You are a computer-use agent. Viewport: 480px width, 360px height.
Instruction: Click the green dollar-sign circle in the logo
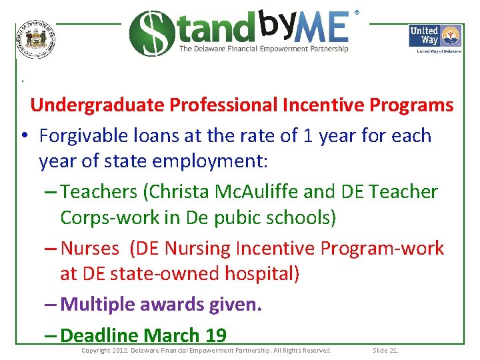pos(151,33)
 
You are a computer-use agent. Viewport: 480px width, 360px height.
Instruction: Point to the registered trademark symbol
pos(357,13)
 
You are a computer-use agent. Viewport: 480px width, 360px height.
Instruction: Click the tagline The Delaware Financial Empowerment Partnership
pos(263,49)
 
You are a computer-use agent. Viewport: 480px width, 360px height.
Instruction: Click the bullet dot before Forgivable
pos(23,137)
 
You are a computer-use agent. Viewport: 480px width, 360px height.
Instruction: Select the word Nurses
pos(89,249)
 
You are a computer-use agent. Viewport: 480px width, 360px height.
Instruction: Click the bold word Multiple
pos(99,305)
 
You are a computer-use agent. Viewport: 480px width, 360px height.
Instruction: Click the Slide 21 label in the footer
pos(385,351)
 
